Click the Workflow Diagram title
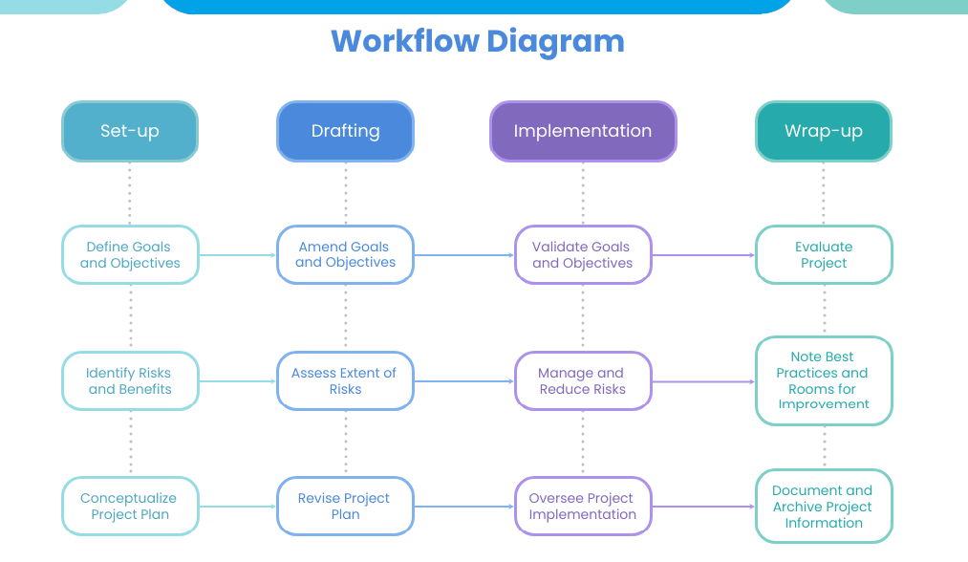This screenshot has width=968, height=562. (478, 41)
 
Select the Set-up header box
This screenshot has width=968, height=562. (130, 131)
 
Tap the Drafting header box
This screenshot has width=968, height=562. (345, 131)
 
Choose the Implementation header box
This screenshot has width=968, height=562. (583, 131)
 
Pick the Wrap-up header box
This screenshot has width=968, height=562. (823, 131)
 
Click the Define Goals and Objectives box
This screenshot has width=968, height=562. (130, 255)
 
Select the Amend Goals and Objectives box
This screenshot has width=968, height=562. (345, 255)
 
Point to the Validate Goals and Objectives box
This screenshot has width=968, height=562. (583, 255)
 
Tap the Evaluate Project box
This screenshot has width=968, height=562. (824, 255)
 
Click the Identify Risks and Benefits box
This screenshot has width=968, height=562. (130, 381)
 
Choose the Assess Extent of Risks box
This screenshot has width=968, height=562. (345, 381)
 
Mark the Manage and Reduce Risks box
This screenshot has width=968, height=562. (583, 381)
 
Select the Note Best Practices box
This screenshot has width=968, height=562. (824, 380)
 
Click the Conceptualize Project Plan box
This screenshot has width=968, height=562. (130, 506)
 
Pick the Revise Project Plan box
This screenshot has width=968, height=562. (345, 506)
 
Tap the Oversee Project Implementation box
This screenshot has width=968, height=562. (583, 506)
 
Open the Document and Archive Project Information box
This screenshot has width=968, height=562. (824, 506)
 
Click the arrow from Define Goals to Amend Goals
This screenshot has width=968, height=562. (237, 255)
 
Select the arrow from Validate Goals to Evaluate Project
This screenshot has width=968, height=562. (703, 255)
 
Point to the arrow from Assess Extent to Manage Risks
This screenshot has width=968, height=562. (463, 381)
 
